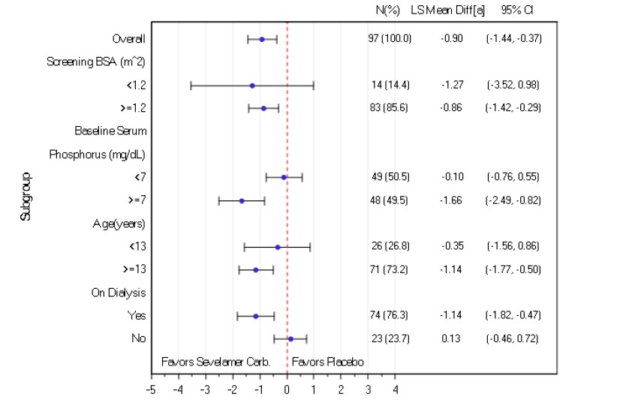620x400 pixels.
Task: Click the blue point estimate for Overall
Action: pyautogui.click(x=262, y=39)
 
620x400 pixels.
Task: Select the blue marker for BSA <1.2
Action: pyautogui.click(x=252, y=86)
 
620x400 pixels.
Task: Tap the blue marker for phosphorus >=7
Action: pyautogui.click(x=242, y=201)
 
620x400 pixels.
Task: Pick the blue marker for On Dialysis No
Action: pyautogui.click(x=290, y=339)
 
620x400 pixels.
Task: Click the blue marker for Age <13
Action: pyautogui.click(x=278, y=247)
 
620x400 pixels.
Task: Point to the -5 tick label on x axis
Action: pyautogui.click(x=150, y=390)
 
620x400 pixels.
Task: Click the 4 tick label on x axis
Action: pyautogui.click(x=396, y=390)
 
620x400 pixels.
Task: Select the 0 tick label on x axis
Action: pyautogui.click(x=287, y=390)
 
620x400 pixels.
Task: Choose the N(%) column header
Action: pyautogui.click(x=388, y=11)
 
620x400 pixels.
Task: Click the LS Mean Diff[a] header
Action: pyautogui.click(x=448, y=11)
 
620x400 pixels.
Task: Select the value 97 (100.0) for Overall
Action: pyautogui.click(x=390, y=39)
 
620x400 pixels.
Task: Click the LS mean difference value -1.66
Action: pyautogui.click(x=451, y=201)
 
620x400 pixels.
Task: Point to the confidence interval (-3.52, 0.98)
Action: pyautogui.click(x=513, y=86)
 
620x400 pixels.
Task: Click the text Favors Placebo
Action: pyautogui.click(x=328, y=362)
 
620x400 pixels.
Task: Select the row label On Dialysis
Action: pyautogui.click(x=119, y=293)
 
